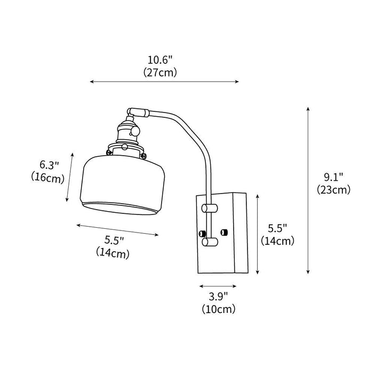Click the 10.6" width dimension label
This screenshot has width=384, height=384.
pyautogui.click(x=160, y=60)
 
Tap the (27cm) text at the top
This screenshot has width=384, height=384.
pyautogui.click(x=160, y=73)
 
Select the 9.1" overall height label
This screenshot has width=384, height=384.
pyautogui.click(x=333, y=177)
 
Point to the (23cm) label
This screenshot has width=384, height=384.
pyautogui.click(x=333, y=190)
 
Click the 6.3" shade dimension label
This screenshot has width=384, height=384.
pyautogui.click(x=50, y=165)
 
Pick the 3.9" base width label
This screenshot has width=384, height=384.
pyautogui.click(x=218, y=297)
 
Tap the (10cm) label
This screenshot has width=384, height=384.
pyautogui.click(x=219, y=309)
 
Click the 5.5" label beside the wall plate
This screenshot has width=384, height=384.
pyautogui.click(x=277, y=228)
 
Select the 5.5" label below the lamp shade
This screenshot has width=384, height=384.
pyautogui.click(x=114, y=240)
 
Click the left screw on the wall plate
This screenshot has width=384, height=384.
pyautogui.click(x=202, y=233)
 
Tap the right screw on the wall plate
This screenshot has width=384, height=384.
pyautogui.click(x=223, y=232)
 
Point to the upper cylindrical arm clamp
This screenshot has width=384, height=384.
pyautogui.click(x=210, y=208)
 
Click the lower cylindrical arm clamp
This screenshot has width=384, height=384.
pyautogui.click(x=210, y=242)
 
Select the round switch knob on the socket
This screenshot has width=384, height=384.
pyautogui.click(x=134, y=131)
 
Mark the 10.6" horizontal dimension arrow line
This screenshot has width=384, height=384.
pyautogui.click(x=164, y=82)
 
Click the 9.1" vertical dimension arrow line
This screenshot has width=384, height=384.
pyautogui.click(x=308, y=190)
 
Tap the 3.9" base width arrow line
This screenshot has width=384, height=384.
pyautogui.click(x=218, y=286)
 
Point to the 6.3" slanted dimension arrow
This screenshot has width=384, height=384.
pyautogui.click(x=69, y=177)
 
